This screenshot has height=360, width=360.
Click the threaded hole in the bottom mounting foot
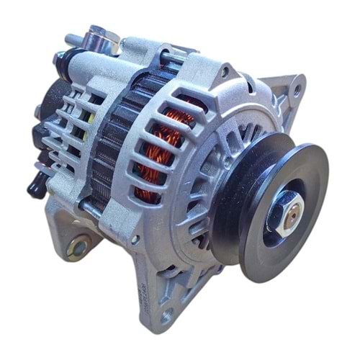point(166,315)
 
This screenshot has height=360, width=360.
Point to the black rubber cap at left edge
point(33,186)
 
